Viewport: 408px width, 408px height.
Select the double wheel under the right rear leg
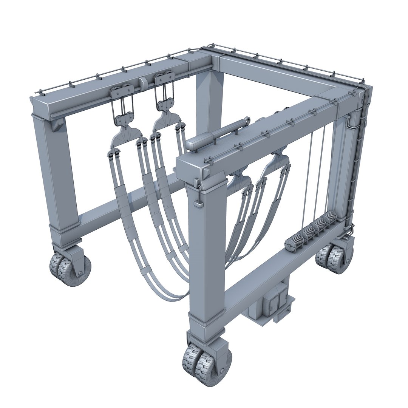point(334,258)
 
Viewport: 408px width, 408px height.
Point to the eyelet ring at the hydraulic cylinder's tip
point(247,120)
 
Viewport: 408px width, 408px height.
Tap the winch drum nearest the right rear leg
point(330,219)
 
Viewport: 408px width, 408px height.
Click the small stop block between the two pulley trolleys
point(143,82)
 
